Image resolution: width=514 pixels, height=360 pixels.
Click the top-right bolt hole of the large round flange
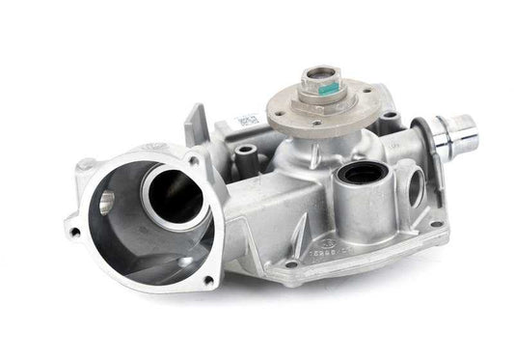(x=195, y=160)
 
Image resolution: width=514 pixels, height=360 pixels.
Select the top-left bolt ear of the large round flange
(x=88, y=165)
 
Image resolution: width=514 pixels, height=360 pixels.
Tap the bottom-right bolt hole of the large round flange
(x=207, y=280)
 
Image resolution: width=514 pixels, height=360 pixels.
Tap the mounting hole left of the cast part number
(x=288, y=263)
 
